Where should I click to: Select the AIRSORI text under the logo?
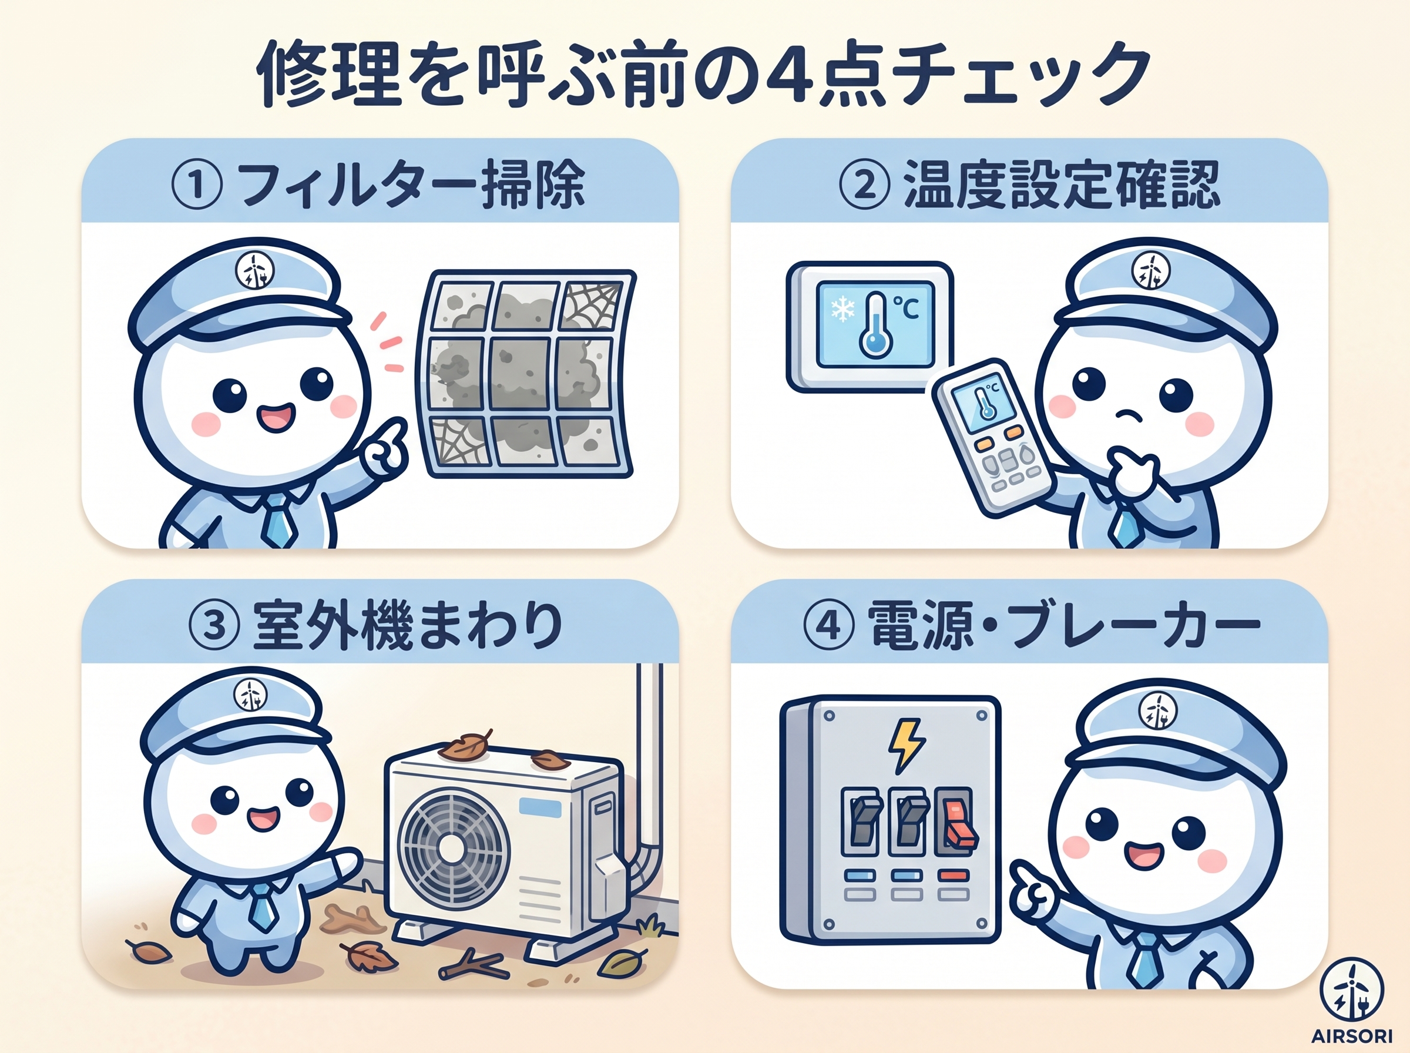[x=1351, y=1036]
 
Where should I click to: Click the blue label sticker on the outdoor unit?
[x=540, y=808]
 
